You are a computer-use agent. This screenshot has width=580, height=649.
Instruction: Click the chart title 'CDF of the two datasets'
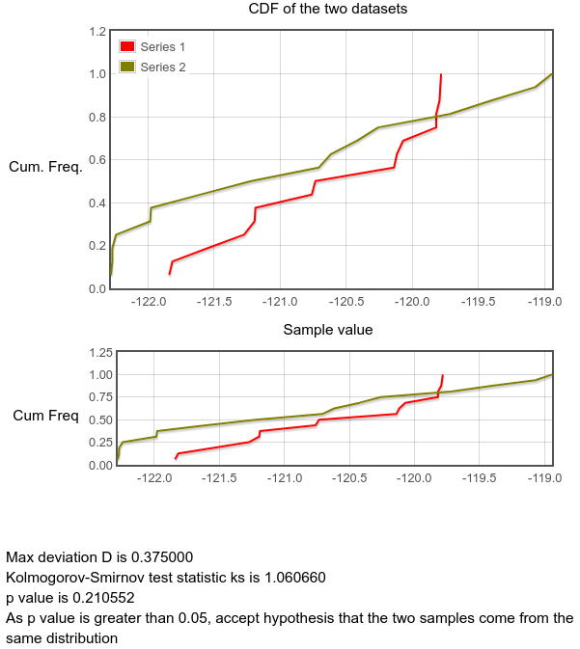327,10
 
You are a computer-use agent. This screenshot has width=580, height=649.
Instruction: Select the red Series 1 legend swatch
125,46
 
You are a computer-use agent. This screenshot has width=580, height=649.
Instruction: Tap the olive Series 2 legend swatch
125,67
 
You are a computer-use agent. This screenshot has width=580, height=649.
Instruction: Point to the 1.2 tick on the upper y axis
97,32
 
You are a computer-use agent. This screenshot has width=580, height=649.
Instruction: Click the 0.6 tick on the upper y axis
97,160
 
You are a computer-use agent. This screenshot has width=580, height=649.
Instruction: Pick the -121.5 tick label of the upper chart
215,302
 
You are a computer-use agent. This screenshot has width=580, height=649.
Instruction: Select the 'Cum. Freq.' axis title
45,167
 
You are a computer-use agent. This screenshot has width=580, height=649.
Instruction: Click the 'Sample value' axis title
327,330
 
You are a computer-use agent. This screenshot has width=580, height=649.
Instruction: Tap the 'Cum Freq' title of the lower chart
45,417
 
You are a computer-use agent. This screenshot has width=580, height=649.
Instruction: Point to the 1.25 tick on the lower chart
98,353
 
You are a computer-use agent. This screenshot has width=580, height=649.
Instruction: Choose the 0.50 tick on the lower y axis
98,420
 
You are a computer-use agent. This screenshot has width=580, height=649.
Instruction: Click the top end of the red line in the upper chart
441,74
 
